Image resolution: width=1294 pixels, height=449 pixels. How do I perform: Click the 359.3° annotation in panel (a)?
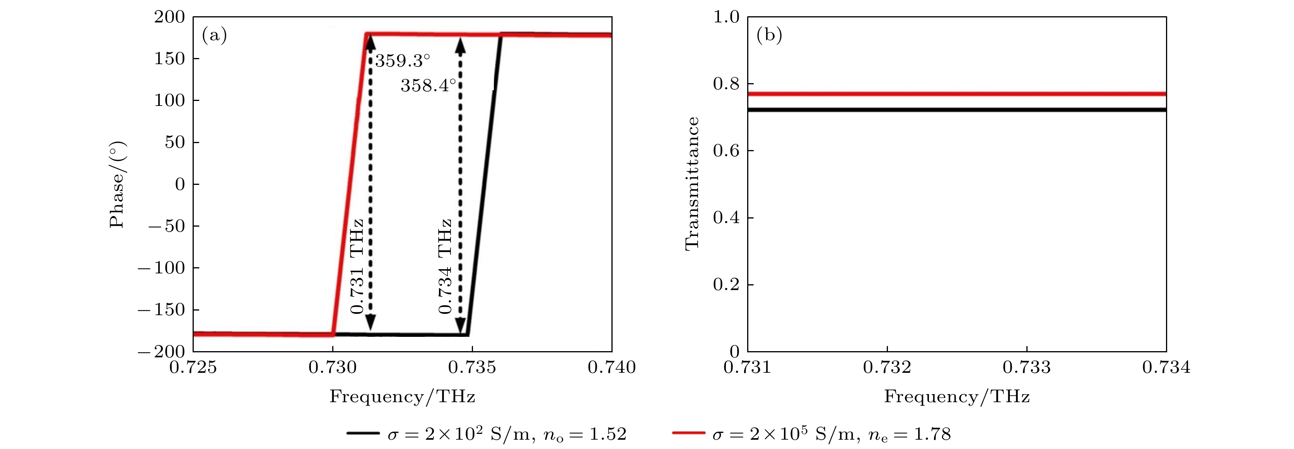402,61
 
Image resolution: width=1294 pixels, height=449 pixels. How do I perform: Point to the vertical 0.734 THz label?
445,266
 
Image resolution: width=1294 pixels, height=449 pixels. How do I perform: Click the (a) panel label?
215,35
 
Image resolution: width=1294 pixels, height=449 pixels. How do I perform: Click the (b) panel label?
769,35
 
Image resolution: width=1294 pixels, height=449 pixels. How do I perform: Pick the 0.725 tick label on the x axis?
193,368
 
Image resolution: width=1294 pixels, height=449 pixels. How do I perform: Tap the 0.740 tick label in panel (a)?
611,368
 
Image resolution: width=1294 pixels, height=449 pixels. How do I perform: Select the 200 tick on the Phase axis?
169,17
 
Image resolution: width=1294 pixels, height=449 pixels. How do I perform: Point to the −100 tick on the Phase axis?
168,268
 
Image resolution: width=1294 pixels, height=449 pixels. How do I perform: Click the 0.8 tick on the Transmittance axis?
726,84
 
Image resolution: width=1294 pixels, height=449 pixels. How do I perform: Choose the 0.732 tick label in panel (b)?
887,368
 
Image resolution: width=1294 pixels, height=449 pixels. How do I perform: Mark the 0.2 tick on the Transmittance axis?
726,285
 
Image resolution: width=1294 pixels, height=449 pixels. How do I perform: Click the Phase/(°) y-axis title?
117,184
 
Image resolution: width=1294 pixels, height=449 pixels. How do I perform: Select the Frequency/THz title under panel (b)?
957,397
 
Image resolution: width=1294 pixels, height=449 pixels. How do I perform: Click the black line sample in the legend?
363,433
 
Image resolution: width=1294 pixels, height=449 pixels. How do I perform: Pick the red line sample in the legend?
688,433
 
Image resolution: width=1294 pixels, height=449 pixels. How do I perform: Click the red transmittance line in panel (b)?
957,94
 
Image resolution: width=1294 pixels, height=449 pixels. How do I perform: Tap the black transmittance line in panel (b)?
957,109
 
